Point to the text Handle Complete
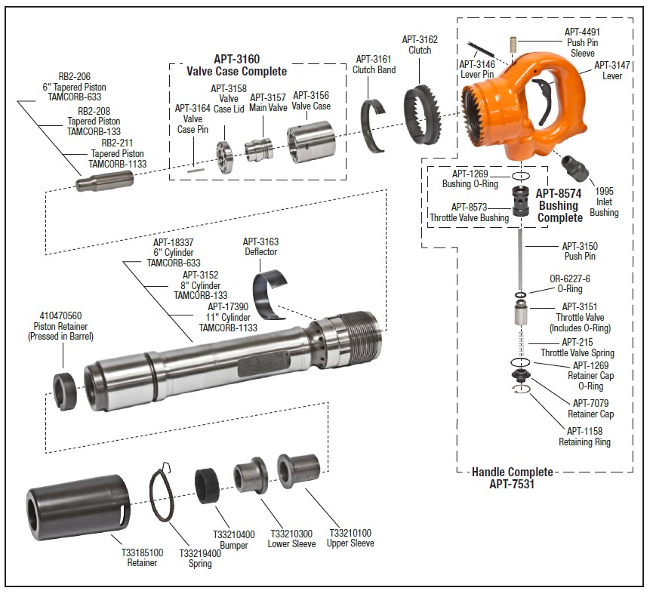[x=512, y=472]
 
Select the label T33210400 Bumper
[x=233, y=540]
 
